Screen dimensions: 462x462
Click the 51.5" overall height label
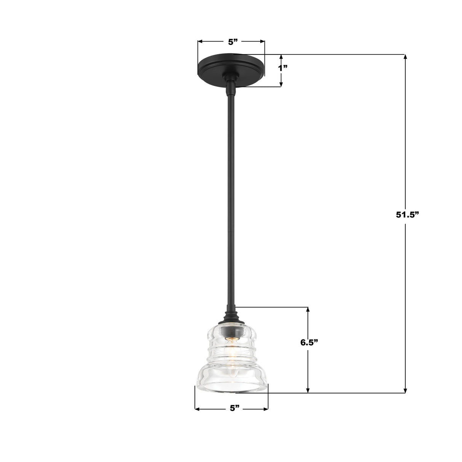pos(407,214)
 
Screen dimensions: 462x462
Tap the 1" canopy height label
pos(282,68)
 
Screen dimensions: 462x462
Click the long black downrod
pos(231,190)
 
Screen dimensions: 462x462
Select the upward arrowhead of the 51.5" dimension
pos(405,57)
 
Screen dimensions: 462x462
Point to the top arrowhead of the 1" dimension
pos(281,57)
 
